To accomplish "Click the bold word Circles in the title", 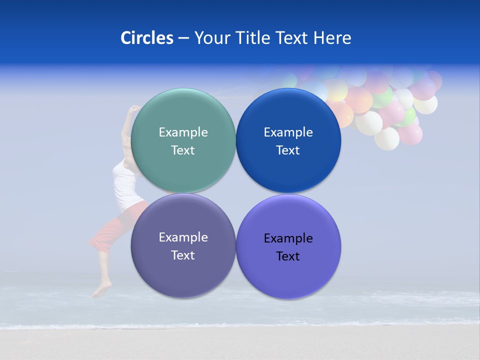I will point(147,38).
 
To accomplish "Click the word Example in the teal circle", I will point(183,132).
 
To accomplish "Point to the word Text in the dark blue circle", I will point(288,150).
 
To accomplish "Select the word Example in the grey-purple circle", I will point(183,237).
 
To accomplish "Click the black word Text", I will point(288,256).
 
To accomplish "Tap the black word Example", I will point(288,238).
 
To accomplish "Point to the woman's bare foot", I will point(102,289).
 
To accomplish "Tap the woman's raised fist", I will point(134,109).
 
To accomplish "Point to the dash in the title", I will point(183,38).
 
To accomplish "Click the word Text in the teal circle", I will point(183,150).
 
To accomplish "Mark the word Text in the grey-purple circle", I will point(183,255).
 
